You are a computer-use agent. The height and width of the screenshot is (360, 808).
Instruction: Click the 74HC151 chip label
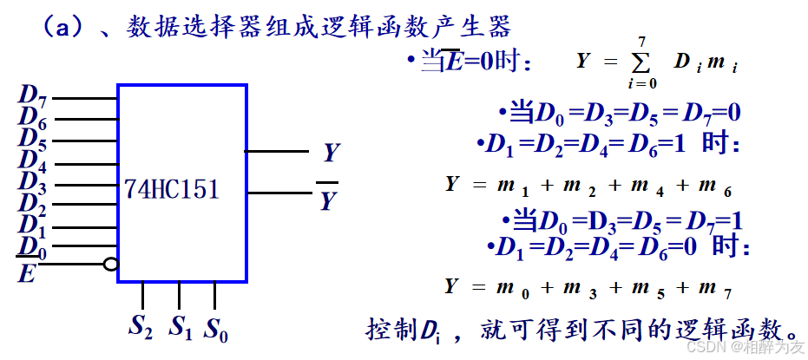171,189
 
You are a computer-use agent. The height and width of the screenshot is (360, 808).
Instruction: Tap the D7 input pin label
32,95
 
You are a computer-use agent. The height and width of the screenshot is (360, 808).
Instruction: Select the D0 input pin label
32,248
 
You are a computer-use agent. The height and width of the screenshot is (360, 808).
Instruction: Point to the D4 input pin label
32,160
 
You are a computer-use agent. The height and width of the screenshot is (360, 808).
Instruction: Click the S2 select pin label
141,327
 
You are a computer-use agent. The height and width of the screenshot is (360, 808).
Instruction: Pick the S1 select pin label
180,327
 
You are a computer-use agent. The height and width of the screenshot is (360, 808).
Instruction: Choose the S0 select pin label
216,329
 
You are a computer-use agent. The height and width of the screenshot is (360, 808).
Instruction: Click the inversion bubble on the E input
110,264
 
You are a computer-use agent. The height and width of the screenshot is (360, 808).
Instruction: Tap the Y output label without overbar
331,154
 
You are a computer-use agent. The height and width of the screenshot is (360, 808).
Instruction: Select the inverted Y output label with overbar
327,200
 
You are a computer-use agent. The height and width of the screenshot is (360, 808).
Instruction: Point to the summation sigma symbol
641,64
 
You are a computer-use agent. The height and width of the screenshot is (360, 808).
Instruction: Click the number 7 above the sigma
641,42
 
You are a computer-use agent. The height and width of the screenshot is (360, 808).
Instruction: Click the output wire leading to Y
277,151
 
